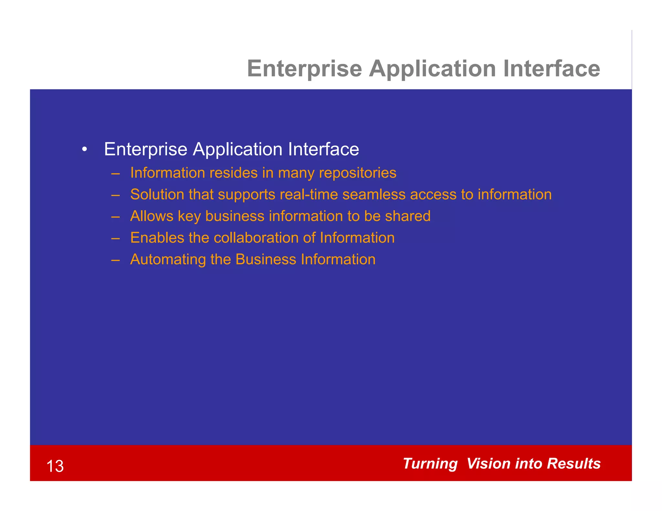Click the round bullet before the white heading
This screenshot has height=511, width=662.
click(85, 150)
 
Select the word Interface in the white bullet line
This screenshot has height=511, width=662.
click(323, 149)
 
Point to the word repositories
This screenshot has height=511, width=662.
click(358, 173)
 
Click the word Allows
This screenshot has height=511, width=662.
click(152, 216)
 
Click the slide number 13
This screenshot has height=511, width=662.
click(55, 466)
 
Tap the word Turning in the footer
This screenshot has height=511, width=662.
click(430, 464)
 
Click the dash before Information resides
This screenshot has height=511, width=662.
click(115, 173)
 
